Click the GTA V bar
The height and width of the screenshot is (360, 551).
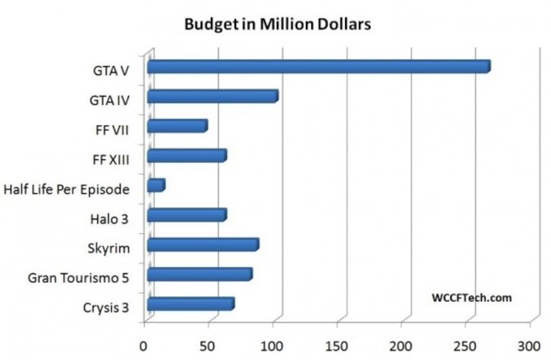[318, 66]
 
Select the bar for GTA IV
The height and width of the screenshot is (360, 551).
[212, 97]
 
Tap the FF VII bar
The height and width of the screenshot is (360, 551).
[177, 126]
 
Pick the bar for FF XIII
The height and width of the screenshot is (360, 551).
[186, 156]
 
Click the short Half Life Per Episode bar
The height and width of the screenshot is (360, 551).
[155, 186]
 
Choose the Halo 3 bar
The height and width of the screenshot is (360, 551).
[186, 215]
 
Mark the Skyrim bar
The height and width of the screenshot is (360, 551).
[203, 245]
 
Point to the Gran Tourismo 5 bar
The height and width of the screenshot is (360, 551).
[199, 275]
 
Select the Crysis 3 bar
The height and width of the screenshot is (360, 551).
[190, 305]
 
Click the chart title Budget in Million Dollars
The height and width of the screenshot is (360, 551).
[277, 25]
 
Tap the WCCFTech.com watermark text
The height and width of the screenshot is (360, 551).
[471, 297]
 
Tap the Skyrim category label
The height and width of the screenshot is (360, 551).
[108, 248]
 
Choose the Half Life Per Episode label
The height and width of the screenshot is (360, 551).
[66, 190]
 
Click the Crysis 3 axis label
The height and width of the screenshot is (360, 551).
[105, 308]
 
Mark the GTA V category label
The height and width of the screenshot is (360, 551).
[110, 70]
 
